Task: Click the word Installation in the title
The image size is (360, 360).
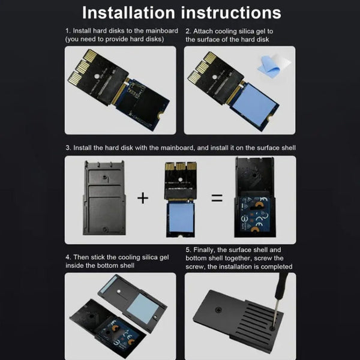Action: [x=129, y=13]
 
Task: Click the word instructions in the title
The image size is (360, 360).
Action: [x=231, y=13]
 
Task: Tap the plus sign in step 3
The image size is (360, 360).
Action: [x=143, y=198]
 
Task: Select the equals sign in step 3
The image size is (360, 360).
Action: [x=217, y=198]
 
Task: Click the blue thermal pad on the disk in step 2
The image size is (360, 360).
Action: [x=254, y=104]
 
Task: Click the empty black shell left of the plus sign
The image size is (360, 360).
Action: [x=104, y=198]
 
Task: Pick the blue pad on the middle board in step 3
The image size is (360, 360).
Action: [x=181, y=217]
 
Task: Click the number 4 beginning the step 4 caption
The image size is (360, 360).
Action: [x=67, y=257]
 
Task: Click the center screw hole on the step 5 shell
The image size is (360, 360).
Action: [x=218, y=310]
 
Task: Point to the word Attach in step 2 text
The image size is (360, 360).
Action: [x=203, y=31]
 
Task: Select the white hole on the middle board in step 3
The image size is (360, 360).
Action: [x=181, y=179]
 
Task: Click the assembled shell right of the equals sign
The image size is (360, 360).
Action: [x=255, y=197]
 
